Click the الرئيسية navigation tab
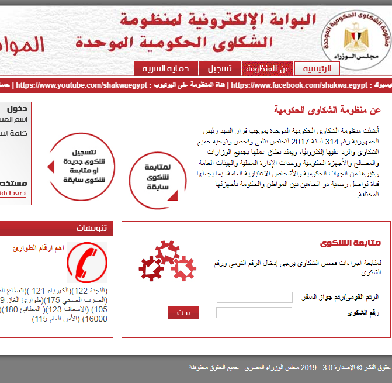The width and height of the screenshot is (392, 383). coord(317,68)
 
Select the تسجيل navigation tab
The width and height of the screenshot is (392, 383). coord(220,68)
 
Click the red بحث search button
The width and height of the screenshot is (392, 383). coord(183,313)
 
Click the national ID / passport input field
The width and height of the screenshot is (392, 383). coord(254,297)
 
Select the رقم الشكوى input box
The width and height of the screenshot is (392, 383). coord(254,313)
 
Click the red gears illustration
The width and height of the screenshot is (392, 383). coord(167,262)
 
